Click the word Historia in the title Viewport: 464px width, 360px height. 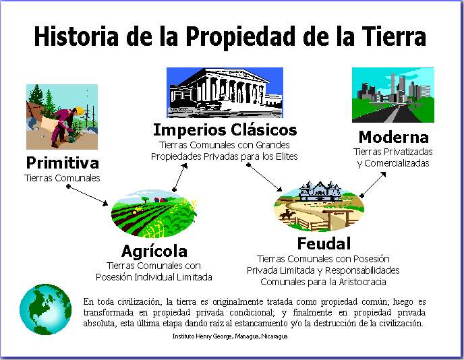(76, 36)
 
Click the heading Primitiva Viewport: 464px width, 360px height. (62, 162)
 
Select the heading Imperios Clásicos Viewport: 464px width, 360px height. (225, 130)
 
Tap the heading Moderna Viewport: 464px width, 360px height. (394, 137)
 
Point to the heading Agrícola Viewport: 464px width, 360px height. (154, 251)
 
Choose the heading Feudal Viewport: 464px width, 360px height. (324, 244)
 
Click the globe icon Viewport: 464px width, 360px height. (46, 309)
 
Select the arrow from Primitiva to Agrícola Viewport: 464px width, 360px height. (88, 196)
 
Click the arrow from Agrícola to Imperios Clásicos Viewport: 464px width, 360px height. (180, 177)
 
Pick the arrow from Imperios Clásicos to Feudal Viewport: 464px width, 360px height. (264, 177)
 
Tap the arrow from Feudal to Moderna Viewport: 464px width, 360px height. (374, 185)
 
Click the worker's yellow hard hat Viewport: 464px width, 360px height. (80, 111)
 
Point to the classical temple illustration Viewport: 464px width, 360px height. (225, 92)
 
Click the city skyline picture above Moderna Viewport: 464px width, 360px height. (393, 95)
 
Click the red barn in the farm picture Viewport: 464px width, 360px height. (161, 200)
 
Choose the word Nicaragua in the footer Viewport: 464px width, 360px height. (274, 336)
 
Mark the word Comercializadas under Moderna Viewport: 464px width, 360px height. (397, 163)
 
